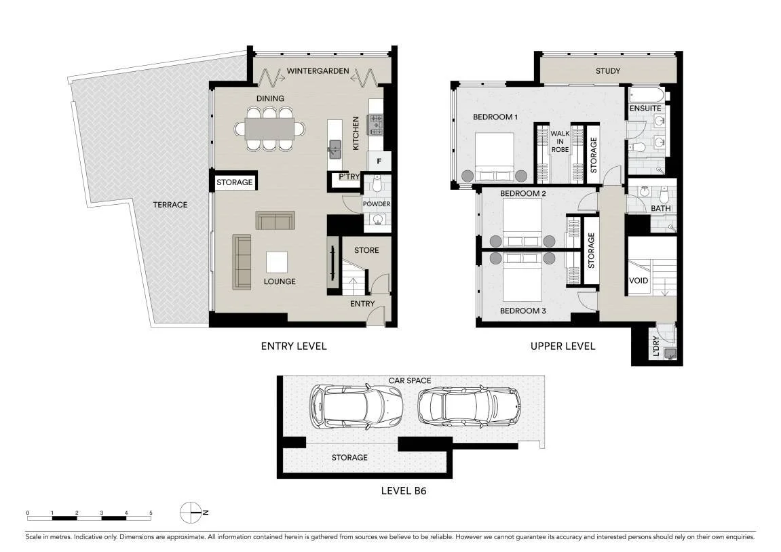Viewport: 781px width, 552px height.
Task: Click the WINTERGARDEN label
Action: pyautogui.click(x=318, y=71)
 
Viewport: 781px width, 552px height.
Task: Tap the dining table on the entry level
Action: pyautogui.click(x=269, y=128)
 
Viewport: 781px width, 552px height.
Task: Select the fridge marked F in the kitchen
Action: pyautogui.click(x=379, y=161)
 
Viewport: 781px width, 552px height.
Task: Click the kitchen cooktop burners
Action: pyautogui.click(x=375, y=125)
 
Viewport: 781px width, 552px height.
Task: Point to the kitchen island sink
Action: pyautogui.click(x=335, y=148)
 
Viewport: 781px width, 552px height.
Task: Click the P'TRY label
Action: pyautogui.click(x=349, y=177)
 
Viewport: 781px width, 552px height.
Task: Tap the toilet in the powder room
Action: pyautogui.click(x=377, y=184)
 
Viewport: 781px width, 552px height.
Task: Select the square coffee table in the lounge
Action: pyautogui.click(x=276, y=262)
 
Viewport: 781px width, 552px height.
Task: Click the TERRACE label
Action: pyautogui.click(x=170, y=205)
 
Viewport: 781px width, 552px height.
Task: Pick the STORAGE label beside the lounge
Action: pyautogui.click(x=235, y=182)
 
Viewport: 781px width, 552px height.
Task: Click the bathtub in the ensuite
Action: pyautogui.click(x=646, y=95)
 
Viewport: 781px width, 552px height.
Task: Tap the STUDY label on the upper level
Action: pyautogui.click(x=608, y=71)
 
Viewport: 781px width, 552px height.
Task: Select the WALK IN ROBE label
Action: pyautogui.click(x=560, y=141)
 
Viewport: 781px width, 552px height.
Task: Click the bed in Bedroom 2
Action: pyautogui.click(x=522, y=222)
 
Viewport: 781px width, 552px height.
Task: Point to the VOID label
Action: pyautogui.click(x=639, y=281)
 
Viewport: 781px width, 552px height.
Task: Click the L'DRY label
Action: pyautogui.click(x=655, y=346)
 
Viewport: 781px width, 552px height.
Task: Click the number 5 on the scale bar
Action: pyautogui.click(x=151, y=513)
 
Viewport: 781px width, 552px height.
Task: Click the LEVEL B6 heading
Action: pyautogui.click(x=404, y=491)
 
